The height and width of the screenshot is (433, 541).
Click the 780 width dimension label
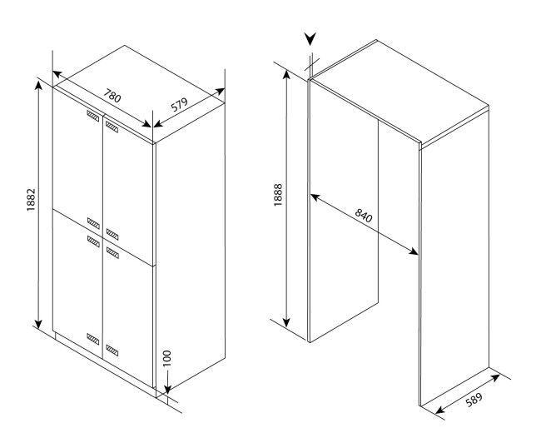pyautogui.click(x=113, y=96)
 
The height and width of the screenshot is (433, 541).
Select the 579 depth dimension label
pyautogui.click(x=180, y=105)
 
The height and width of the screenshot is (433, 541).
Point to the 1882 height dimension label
pyautogui.click(x=31, y=200)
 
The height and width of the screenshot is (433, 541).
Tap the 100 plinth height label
pyautogui.click(x=166, y=358)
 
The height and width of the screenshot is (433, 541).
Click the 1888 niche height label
pyautogui.click(x=278, y=195)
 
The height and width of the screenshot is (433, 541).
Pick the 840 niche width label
pyautogui.click(x=364, y=216)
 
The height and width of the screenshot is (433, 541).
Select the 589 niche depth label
pyautogui.click(x=474, y=400)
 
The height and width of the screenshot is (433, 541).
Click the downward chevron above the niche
pyautogui.click(x=310, y=39)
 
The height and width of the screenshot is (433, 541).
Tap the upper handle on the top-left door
pyautogui.click(x=93, y=116)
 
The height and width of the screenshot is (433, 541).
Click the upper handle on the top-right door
pyautogui.click(x=112, y=127)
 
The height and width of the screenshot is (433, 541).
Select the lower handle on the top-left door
pyautogui.click(x=93, y=223)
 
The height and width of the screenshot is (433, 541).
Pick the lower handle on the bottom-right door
pyautogui.click(x=112, y=350)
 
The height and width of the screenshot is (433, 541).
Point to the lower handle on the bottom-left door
pyautogui.click(x=93, y=339)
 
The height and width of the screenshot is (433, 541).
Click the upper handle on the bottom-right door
pyautogui.click(x=112, y=253)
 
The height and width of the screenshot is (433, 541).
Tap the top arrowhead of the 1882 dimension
pyautogui.click(x=38, y=85)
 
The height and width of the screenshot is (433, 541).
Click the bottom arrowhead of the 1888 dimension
pyautogui.click(x=286, y=322)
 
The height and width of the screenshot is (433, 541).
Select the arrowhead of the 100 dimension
pyautogui.click(x=167, y=389)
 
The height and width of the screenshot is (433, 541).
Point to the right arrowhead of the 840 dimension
pyautogui.click(x=414, y=251)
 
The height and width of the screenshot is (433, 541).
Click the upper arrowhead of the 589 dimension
pyautogui.click(x=494, y=377)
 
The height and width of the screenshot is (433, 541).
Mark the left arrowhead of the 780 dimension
pyautogui.click(x=57, y=74)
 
